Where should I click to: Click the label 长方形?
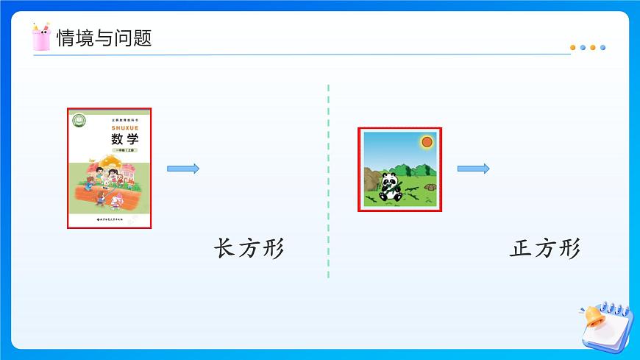coord(249,249)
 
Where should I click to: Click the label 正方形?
coord(545,249)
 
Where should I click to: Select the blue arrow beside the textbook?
coord(183,169)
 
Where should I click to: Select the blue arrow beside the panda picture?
coord(474,169)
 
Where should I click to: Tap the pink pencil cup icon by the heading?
coord(42,36)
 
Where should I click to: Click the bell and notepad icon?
coord(604,324)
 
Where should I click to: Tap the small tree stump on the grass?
coord(430,187)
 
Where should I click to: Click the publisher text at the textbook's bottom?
coord(110,218)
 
